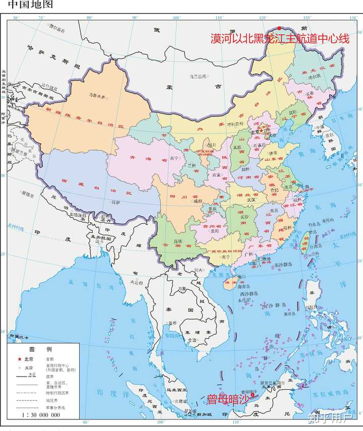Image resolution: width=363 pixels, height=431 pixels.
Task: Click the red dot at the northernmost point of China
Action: tap(279, 28)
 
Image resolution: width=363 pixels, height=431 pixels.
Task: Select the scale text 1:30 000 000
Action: tap(40, 415)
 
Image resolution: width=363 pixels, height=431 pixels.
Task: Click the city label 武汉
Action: tap(251, 200)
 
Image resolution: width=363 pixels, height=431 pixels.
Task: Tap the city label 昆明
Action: tap(177, 241)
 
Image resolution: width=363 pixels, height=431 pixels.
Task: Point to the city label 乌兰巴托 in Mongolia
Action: tap(198, 77)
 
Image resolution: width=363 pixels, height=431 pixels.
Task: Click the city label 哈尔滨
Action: tap(311, 77)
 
